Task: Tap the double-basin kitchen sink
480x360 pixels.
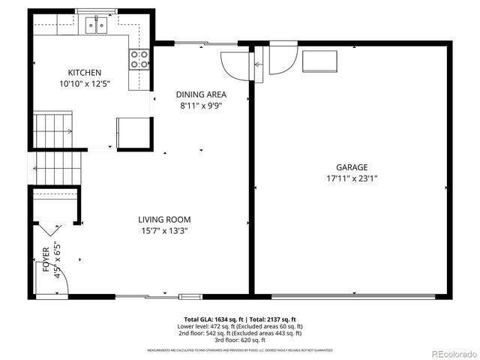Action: click(96, 26)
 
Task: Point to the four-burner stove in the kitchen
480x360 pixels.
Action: click(139, 60)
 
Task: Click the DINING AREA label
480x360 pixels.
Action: click(201, 94)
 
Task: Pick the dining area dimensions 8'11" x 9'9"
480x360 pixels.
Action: click(201, 106)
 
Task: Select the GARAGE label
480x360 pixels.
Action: click(351, 167)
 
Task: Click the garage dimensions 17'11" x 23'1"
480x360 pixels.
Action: click(351, 178)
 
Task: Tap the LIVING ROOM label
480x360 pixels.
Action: click(164, 220)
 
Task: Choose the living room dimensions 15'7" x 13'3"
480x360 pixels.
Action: click(164, 231)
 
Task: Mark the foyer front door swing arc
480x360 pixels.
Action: click(60, 281)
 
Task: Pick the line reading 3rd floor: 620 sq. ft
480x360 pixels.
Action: click(240, 340)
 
